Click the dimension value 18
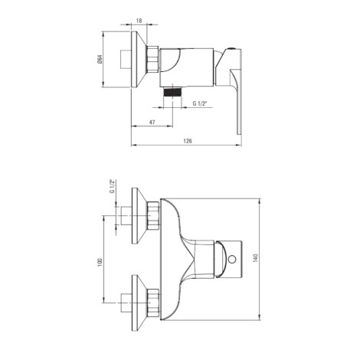pyautogui.click(x=139, y=21)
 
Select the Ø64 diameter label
pyautogui.click(x=100, y=59)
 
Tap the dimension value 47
pyautogui.click(x=152, y=123)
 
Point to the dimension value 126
pyautogui.click(x=188, y=141)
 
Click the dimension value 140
pyautogui.click(x=256, y=258)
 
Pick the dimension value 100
pyautogui.click(x=100, y=263)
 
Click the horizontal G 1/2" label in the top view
pyautogui.click(x=200, y=103)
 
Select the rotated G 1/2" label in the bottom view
pyautogui.click(x=112, y=186)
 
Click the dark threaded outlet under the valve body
pyautogui.click(x=172, y=92)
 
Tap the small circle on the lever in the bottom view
pyautogui.click(x=232, y=260)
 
